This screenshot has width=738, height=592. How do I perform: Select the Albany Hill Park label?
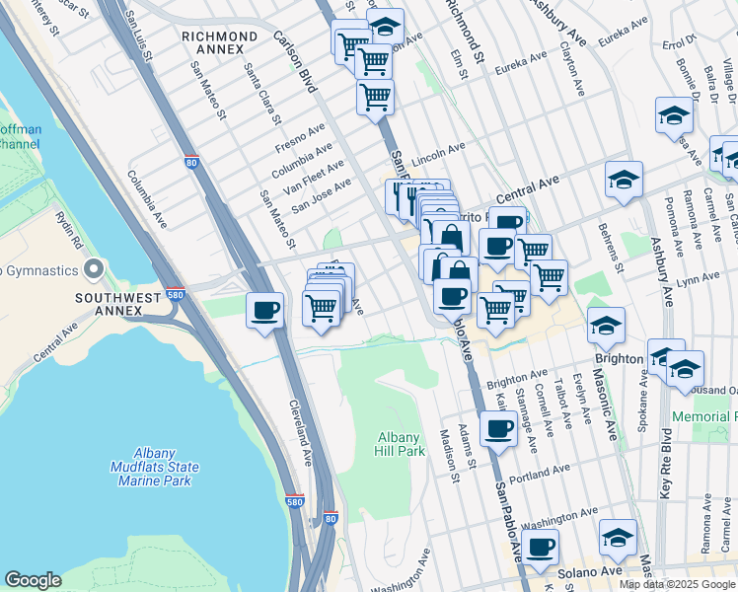point(401,444)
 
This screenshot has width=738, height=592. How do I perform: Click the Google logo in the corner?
point(33,580)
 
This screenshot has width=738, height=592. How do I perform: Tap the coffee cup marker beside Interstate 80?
point(264,311)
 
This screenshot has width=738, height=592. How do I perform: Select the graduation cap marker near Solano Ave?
point(618,537)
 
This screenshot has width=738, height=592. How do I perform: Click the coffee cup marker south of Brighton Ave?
point(499,428)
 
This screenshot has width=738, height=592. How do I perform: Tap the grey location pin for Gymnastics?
point(94,269)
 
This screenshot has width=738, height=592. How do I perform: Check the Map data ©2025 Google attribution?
point(677,584)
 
